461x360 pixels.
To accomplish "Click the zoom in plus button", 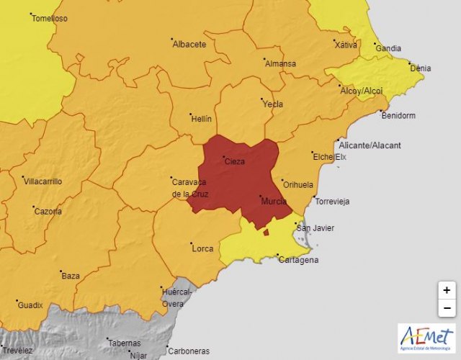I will click(447, 290).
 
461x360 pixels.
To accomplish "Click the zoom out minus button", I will click(447, 308).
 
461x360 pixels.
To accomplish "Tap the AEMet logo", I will click(426, 338).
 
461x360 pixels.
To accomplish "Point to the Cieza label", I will click(235, 161).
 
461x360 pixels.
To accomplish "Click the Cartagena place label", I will click(297, 260).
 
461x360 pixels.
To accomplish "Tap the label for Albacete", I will click(189, 44).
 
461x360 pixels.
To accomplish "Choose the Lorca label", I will click(202, 248).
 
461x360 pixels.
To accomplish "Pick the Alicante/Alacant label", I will click(370, 145).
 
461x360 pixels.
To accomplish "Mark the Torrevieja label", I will click(332, 202).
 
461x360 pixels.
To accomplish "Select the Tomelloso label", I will click(50, 19).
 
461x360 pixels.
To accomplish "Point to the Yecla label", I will click(272, 104).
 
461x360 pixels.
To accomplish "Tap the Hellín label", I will click(200, 118).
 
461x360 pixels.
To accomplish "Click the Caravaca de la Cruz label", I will click(190, 188).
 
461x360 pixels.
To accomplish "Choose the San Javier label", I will click(315, 228).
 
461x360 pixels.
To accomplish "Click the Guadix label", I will click(30, 305).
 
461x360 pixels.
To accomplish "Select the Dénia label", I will click(420, 68).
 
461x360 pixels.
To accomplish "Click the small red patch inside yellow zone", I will click(266, 232).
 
